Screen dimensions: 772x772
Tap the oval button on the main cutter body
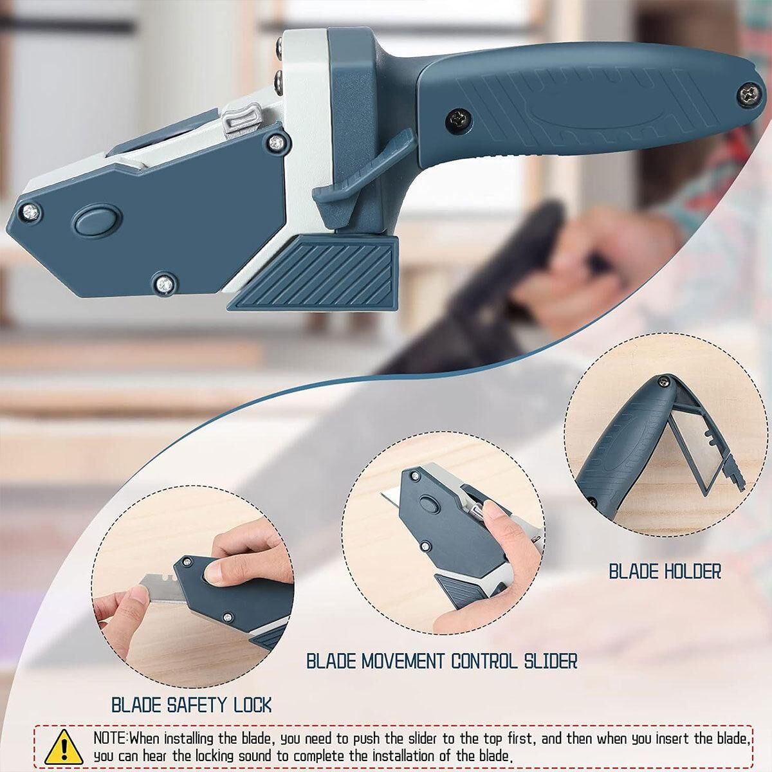tap(96, 220)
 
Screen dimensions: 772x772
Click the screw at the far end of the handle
tap(749, 95)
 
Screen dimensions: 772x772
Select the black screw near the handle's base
tap(459, 120)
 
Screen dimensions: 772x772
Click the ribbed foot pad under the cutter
tap(313, 273)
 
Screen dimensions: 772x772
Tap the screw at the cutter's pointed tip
tap(30, 212)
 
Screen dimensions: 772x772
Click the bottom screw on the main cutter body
tap(165, 284)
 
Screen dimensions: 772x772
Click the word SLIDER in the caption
tap(551, 661)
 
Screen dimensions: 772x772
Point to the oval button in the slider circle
tap(428, 504)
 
